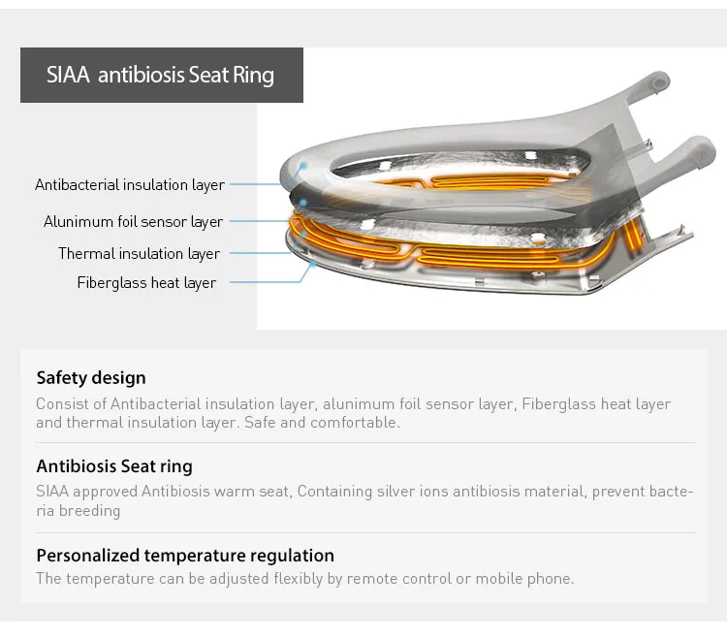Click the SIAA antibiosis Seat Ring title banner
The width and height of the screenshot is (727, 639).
[x=161, y=75]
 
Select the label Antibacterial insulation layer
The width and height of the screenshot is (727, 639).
[x=130, y=184]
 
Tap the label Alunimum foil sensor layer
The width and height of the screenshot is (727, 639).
[x=133, y=221]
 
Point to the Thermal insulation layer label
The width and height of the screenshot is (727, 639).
[x=139, y=253]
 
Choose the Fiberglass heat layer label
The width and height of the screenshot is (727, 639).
[x=146, y=282]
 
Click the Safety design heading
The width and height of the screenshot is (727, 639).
[x=91, y=377]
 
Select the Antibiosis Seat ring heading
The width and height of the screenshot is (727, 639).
[x=114, y=466]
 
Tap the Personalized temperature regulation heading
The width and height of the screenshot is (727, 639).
[x=185, y=556]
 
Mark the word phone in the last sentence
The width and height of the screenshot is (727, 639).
[x=550, y=579]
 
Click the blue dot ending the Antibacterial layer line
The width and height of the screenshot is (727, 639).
[x=303, y=167]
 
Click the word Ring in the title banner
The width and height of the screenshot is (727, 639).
[x=254, y=75]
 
